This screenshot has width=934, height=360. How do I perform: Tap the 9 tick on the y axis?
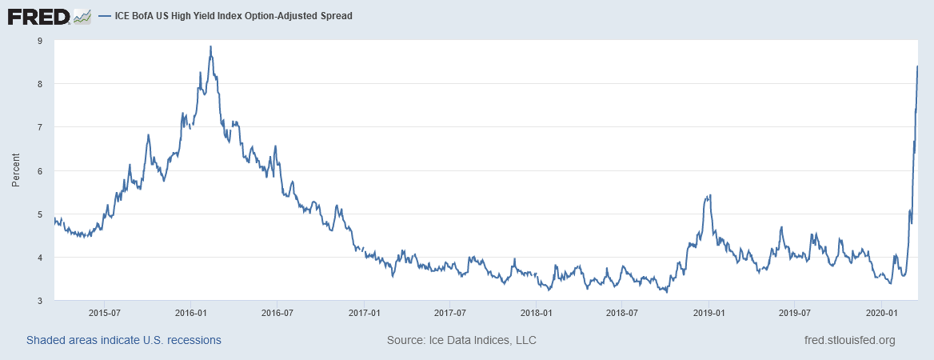[x=40, y=40]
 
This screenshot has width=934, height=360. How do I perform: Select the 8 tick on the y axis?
[x=40, y=83]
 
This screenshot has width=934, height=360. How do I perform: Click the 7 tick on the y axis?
[x=40, y=127]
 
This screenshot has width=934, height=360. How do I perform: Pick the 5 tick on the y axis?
[x=40, y=214]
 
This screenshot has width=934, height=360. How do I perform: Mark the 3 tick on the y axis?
[x=40, y=301]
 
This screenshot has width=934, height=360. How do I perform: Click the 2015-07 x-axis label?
[x=104, y=312]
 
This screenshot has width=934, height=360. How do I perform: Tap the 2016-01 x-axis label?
[x=190, y=312]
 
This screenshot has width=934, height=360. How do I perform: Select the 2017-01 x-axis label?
[x=363, y=312]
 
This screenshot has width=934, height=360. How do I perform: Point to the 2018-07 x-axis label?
[x=621, y=312]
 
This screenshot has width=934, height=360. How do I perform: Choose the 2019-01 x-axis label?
[x=708, y=312]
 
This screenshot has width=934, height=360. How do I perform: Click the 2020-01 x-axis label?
[x=880, y=312]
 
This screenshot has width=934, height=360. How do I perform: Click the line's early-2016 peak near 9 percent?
[x=210, y=46]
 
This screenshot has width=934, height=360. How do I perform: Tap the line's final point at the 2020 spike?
[x=917, y=66]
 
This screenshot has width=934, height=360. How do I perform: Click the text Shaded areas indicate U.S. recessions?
[x=124, y=340]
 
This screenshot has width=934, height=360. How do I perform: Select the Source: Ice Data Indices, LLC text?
[x=461, y=340]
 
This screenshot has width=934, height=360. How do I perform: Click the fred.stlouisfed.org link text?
[x=849, y=340]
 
